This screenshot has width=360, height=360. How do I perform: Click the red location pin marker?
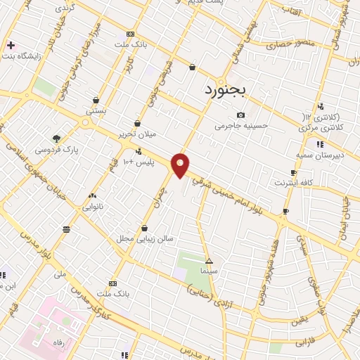tap(181, 165)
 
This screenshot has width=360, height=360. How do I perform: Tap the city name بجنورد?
tap(227, 91)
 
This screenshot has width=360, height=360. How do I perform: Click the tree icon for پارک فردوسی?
tap(56, 138)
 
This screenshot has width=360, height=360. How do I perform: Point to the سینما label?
tap(209, 270)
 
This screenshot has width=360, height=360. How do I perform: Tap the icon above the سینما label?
tap(209, 260)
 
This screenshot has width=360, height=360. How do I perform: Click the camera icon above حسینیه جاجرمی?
tap(241, 115)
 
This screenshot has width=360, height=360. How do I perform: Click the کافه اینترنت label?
tap(293, 183)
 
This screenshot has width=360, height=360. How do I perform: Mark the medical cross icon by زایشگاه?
tap(10, 45)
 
